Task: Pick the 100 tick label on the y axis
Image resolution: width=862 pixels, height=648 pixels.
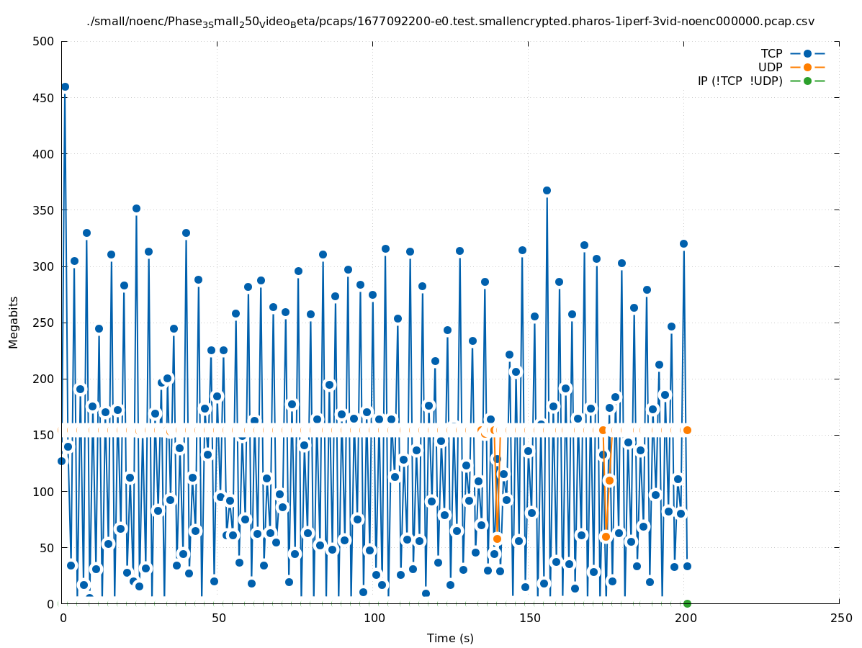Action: point(44,491)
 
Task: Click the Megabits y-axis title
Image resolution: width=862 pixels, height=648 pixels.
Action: point(14,322)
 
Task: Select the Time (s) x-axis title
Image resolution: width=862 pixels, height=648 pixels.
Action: point(450,638)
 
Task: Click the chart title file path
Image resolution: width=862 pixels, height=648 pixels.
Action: point(450,22)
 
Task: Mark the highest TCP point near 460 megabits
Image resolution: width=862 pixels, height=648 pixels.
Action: point(65,87)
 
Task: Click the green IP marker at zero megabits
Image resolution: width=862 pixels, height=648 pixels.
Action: point(687,603)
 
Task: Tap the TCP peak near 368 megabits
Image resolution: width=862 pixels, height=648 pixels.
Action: point(547,191)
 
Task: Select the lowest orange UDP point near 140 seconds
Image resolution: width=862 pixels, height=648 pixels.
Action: point(497,539)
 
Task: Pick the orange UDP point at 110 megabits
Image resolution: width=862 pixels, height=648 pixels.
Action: point(609,480)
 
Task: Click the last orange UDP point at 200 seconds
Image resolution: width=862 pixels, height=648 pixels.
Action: point(687,430)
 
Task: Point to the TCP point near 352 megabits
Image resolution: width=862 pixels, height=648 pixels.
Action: point(136,209)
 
